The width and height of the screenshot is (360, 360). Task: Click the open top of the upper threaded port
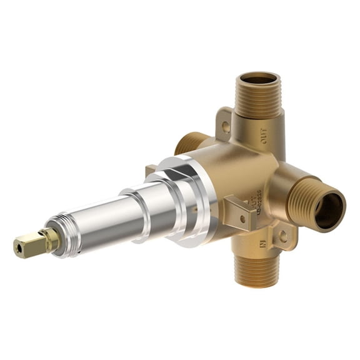click(259, 79)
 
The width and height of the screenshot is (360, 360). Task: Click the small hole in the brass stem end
click(17, 249)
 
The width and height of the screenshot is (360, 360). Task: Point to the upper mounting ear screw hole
click(226, 126)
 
